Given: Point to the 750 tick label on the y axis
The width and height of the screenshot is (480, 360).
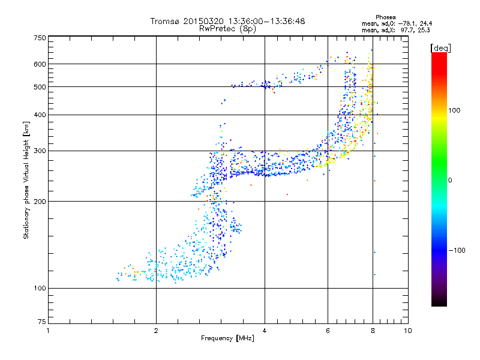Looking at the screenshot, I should pyautogui.click(x=39, y=38).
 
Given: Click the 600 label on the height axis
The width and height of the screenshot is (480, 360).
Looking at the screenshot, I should pyautogui.click(x=39, y=64).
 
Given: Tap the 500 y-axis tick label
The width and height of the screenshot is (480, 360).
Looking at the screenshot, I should pyautogui.click(x=39, y=87).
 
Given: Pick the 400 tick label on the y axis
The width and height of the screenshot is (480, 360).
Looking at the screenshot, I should pyautogui.click(x=39, y=115).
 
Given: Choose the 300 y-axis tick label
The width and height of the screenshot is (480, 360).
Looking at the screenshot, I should pyautogui.click(x=39, y=151).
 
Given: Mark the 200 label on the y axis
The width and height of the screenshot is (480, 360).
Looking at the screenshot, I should pyautogui.click(x=39, y=202).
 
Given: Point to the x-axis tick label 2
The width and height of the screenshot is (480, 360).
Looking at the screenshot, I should pyautogui.click(x=156, y=331).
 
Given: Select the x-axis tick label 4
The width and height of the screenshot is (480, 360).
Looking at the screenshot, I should pyautogui.click(x=265, y=331).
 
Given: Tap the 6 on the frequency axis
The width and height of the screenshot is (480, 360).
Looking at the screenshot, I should pyautogui.click(x=328, y=331).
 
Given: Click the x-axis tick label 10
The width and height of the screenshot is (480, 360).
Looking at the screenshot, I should pyautogui.click(x=408, y=331).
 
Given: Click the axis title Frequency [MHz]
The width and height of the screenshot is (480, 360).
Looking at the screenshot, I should pyautogui.click(x=227, y=338).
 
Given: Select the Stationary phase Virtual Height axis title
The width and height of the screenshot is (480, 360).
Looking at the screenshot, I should pyautogui.click(x=26, y=180).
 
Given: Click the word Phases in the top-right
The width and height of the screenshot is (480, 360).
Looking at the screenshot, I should pyautogui.click(x=385, y=17).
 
